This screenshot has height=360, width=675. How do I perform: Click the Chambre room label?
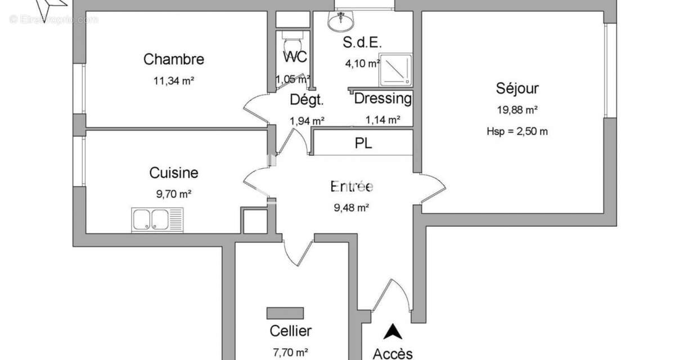[x=173, y=59]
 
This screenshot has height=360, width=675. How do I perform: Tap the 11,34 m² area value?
[x=173, y=80]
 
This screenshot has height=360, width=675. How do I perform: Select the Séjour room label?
[x=517, y=88]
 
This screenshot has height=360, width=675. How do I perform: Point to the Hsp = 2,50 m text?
[x=517, y=132]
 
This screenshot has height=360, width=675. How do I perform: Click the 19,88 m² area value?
[x=517, y=110]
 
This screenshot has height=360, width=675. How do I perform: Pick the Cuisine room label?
[x=173, y=173]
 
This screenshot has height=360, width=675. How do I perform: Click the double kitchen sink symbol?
[x=157, y=219]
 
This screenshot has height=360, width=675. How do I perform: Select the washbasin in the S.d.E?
[x=340, y=21]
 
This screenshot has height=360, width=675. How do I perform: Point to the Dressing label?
[x=382, y=99]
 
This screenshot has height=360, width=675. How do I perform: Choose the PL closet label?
[x=363, y=143]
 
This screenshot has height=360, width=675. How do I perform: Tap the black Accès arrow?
[x=392, y=332]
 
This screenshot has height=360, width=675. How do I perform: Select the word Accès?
[x=392, y=353]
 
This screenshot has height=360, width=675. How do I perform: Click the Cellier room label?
[x=290, y=331]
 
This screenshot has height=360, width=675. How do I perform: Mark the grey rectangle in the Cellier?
[x=285, y=313]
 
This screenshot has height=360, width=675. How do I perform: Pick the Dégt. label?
[x=307, y=100]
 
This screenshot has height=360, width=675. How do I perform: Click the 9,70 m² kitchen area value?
[x=173, y=194]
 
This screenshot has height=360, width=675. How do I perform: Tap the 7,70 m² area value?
[x=290, y=352]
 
